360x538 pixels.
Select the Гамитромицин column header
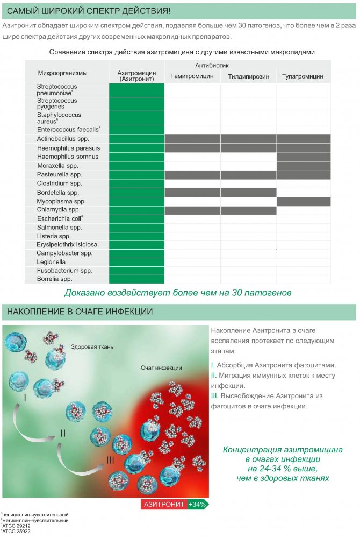click(192, 76)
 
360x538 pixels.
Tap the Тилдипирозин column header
click(248, 76)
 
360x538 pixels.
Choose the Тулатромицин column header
click(303, 76)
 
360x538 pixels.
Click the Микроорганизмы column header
click(62, 73)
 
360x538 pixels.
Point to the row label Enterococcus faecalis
click(68, 130)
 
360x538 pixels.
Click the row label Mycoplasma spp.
click(61, 201)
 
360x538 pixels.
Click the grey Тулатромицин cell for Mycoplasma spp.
click(303, 202)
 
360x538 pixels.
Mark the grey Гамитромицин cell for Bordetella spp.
click(192, 193)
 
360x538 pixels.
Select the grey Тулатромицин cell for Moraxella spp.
click(303, 166)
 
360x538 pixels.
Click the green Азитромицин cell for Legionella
click(136, 262)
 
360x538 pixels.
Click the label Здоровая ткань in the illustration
click(92, 347)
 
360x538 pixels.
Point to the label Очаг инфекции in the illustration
click(161, 368)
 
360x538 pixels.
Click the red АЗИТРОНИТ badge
click(164, 505)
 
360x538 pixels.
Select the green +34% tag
click(198, 505)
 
